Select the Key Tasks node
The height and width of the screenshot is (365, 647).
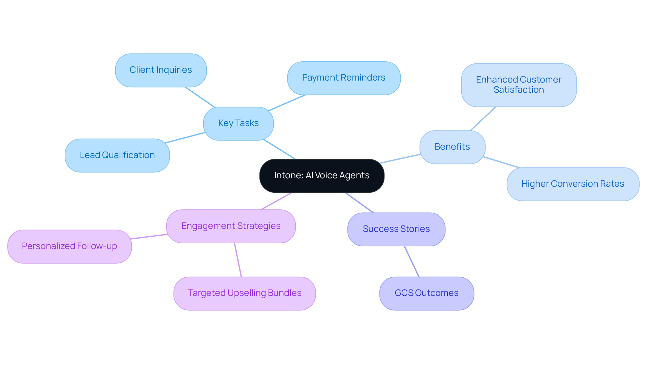(238, 123)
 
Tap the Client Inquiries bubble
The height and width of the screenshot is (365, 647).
(161, 70)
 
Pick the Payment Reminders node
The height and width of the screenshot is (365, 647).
(344, 78)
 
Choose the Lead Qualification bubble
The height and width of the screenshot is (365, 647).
(117, 155)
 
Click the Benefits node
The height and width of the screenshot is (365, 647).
(452, 147)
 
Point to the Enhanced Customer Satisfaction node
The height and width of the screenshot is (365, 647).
(519, 85)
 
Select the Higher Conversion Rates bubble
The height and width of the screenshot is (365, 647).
(573, 184)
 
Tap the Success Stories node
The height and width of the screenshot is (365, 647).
(396, 229)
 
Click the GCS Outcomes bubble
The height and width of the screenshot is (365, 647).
(427, 293)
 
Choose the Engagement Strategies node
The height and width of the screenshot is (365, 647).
(231, 226)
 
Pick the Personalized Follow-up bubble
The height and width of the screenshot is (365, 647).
(69, 246)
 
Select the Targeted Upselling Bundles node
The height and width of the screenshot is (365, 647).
(245, 293)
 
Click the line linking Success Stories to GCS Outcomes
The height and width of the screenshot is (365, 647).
(412, 262)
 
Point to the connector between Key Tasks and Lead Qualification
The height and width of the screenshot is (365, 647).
(185, 138)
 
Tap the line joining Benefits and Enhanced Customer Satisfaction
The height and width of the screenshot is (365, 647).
(483, 119)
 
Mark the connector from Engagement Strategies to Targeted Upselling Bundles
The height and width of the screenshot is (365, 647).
(238, 260)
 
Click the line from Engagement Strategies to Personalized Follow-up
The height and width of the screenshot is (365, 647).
(149, 237)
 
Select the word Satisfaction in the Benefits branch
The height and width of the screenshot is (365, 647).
(519, 90)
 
